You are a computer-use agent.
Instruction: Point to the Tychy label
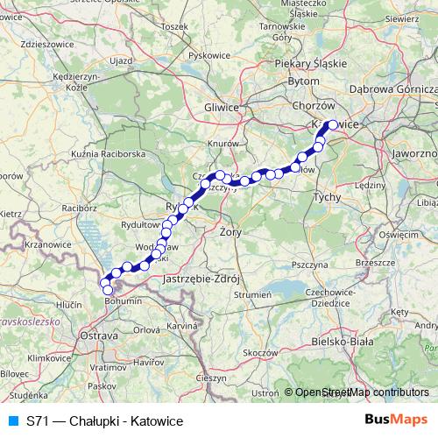[x=327, y=198]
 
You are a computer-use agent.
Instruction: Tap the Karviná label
[x=181, y=325]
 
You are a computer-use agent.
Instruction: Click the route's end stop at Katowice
[x=332, y=124]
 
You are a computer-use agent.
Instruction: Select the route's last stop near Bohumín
[x=108, y=289]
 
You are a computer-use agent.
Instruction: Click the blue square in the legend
[x=12, y=421]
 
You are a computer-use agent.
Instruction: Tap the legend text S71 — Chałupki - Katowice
[x=104, y=421]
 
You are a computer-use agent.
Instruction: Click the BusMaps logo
[x=395, y=420]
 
